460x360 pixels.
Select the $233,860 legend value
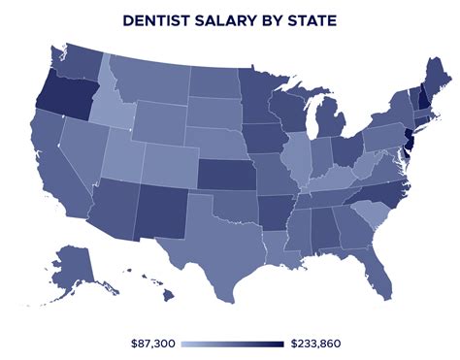point(314,344)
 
